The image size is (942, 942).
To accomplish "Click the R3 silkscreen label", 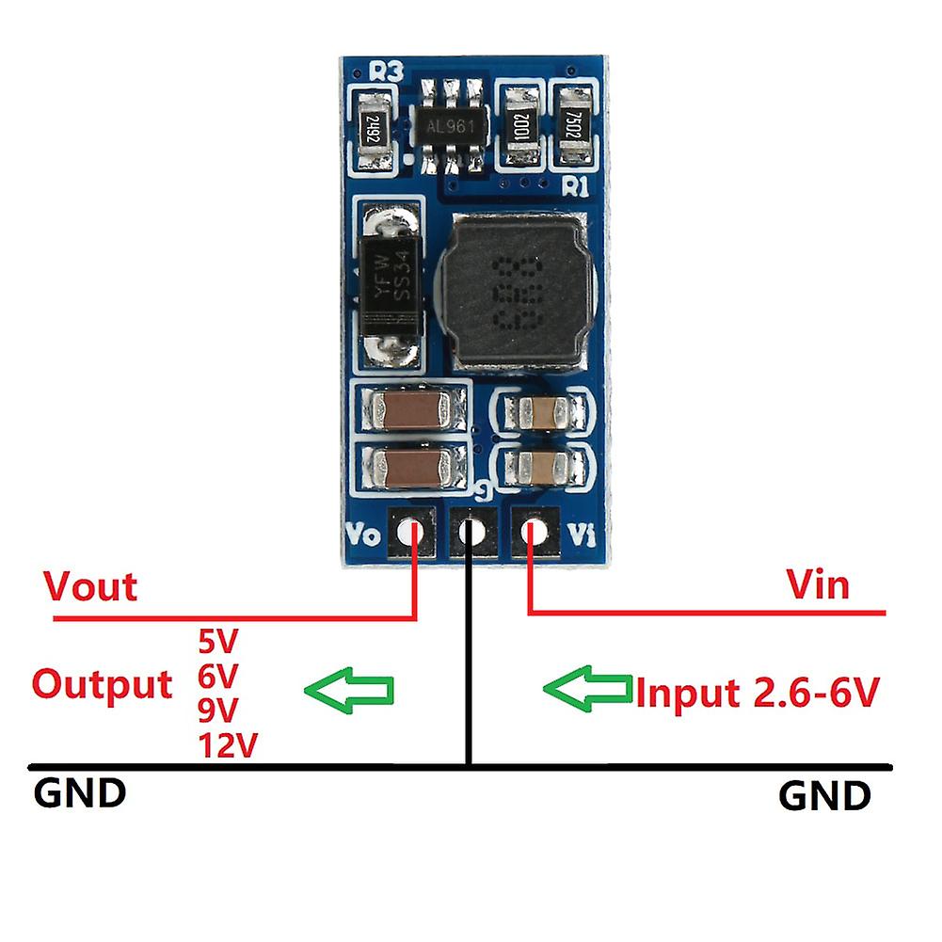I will [387, 72].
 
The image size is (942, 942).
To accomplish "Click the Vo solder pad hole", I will [410, 533].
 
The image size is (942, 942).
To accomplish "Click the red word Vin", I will [817, 585].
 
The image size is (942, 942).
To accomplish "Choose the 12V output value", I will [228, 746].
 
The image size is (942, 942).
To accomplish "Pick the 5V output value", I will [218, 643].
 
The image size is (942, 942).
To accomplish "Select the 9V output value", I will [218, 710].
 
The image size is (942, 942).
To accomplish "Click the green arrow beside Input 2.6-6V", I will [587, 690].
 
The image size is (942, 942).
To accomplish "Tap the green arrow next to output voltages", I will [350, 691].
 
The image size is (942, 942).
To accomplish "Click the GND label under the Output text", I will [80, 792].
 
